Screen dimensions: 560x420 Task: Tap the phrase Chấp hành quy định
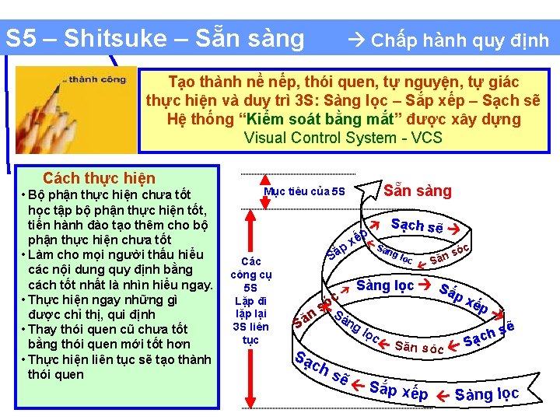[460, 40]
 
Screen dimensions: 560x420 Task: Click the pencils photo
[76, 110]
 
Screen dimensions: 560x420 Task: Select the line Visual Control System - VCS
[343, 138]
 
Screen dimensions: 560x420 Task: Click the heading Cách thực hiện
[99, 179]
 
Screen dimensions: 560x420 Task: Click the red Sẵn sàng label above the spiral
[418, 191]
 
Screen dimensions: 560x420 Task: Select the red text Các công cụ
[250, 268]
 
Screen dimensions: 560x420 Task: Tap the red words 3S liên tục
[250, 333]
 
